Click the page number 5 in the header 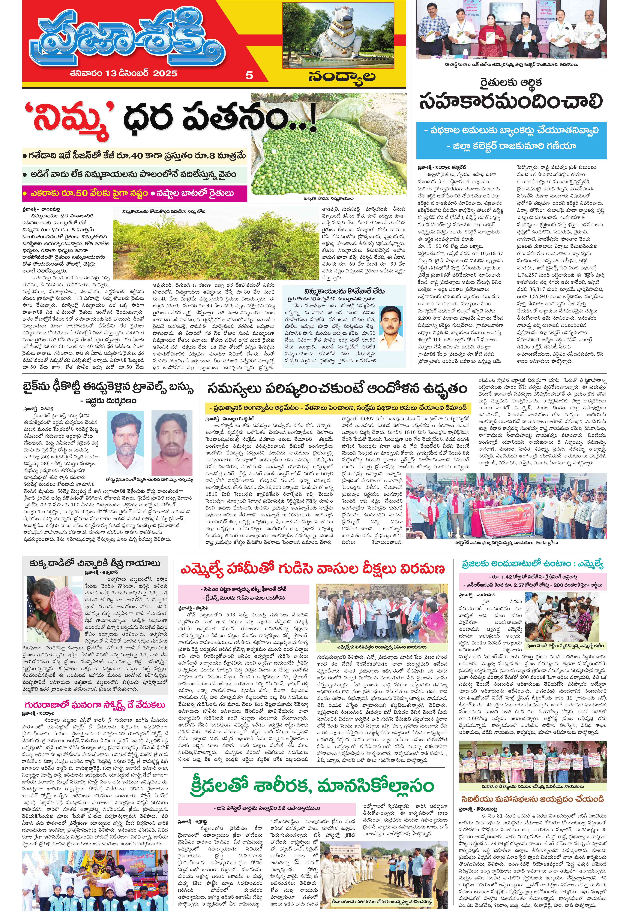(249, 75)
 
